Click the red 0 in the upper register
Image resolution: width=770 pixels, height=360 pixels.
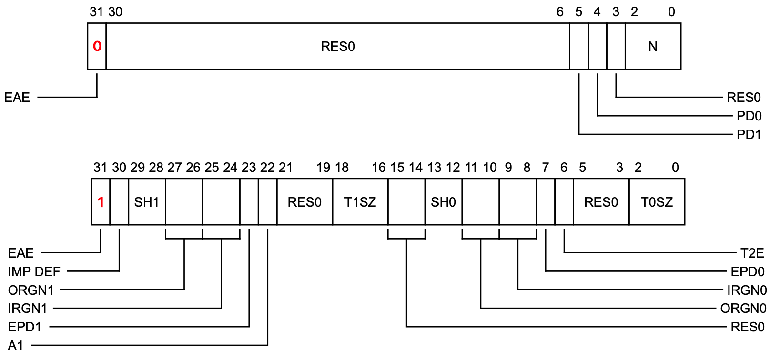(x=97, y=46)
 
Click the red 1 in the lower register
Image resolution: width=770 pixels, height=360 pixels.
(x=101, y=202)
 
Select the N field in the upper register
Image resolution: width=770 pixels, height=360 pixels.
(x=653, y=46)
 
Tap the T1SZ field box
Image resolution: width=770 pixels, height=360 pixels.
(x=360, y=202)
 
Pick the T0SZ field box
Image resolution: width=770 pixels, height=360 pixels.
(x=657, y=202)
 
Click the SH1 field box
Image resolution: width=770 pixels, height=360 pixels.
(x=147, y=202)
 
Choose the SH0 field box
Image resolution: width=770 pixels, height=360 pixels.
(x=443, y=202)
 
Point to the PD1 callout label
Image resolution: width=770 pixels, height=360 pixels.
(x=749, y=135)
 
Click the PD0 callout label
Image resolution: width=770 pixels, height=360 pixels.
(x=749, y=116)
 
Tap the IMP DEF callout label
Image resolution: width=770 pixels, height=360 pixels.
(x=34, y=271)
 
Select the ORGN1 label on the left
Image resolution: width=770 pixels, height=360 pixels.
(x=31, y=290)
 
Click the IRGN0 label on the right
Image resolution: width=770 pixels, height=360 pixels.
(x=747, y=290)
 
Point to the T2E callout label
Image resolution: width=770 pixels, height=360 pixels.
(x=752, y=253)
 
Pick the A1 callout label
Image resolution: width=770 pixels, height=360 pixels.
(x=16, y=345)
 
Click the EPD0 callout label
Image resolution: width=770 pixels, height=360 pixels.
(x=747, y=271)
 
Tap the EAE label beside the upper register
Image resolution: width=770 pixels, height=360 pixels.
(x=17, y=98)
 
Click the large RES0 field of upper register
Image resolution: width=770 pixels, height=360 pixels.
(x=338, y=46)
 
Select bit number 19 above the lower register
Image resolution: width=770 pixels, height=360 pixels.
(x=323, y=168)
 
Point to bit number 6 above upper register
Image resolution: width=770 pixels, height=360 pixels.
(x=560, y=12)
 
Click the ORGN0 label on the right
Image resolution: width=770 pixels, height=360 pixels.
(x=743, y=309)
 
